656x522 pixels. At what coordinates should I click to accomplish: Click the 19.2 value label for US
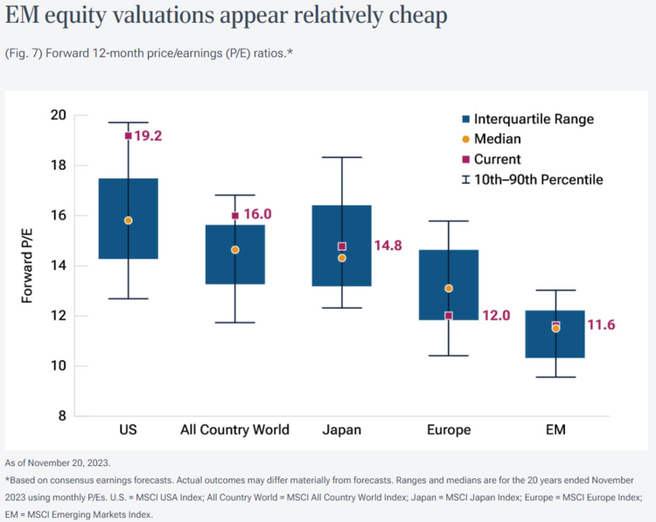[149, 136]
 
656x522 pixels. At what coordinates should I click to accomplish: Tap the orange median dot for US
[129, 220]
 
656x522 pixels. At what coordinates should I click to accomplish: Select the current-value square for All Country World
[235, 215]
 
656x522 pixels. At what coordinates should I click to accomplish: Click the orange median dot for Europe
[449, 288]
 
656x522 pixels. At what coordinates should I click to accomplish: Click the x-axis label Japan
[342, 429]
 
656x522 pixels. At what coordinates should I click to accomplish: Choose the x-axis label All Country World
[234, 429]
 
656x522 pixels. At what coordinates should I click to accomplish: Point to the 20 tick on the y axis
[58, 115]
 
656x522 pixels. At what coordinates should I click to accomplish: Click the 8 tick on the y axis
[61, 416]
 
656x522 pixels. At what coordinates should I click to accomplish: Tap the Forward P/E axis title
[27, 265]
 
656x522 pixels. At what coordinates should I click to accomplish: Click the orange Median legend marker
[466, 139]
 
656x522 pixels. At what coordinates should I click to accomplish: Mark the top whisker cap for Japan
[342, 157]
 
